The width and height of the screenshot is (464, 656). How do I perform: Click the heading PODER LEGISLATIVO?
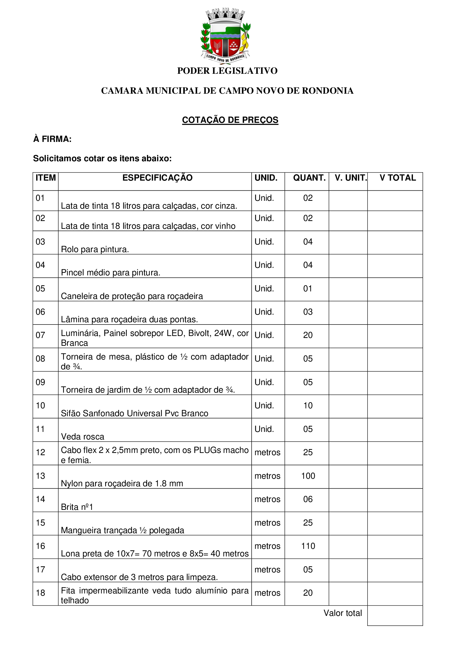pyautogui.click(x=227, y=71)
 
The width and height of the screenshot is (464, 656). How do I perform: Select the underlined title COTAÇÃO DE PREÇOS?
pyautogui.click(x=230, y=120)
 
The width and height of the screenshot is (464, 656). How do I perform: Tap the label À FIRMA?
pyautogui.click(x=52, y=139)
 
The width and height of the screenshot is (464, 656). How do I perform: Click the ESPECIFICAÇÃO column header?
pyautogui.click(x=157, y=178)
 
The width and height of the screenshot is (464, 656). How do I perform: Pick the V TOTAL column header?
pyautogui.click(x=398, y=178)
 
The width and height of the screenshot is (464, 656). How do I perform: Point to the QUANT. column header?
pyautogui.click(x=309, y=178)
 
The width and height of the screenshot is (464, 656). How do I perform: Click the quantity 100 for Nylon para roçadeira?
pyautogui.click(x=308, y=476)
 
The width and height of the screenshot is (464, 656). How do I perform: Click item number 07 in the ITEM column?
pyautogui.click(x=40, y=335)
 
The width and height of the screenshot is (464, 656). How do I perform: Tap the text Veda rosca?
pyautogui.click(x=82, y=437)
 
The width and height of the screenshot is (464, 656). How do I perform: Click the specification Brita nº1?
pyautogui.click(x=77, y=507)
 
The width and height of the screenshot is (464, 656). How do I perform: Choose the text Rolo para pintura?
pyautogui.click(x=95, y=249)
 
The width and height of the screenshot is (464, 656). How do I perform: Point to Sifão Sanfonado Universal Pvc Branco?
pyautogui.click(x=135, y=413)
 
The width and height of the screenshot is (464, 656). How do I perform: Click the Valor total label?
pyautogui.click(x=343, y=613)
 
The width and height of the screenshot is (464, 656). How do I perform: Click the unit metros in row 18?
pyautogui.click(x=267, y=593)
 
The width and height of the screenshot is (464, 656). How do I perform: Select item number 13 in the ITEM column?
pyautogui.click(x=40, y=476)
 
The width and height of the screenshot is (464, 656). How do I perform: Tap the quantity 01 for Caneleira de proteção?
pyautogui.click(x=308, y=289)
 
